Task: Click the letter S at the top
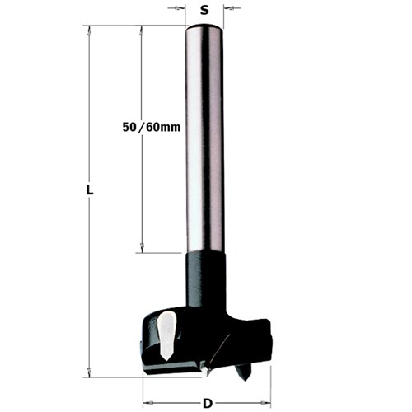coord(204,11)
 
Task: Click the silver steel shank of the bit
coord(204,140)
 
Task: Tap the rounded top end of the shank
coord(204,28)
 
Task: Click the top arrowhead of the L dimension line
coord(87,30)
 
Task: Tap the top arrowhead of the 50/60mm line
coord(142,30)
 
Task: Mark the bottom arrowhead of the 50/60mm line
coord(142,248)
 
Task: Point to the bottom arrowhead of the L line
coord(87,372)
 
